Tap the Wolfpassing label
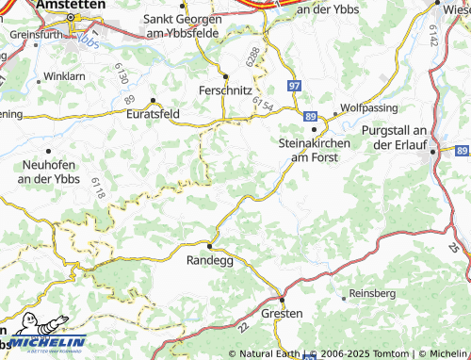364,107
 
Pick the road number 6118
99,186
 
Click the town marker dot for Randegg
210,247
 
